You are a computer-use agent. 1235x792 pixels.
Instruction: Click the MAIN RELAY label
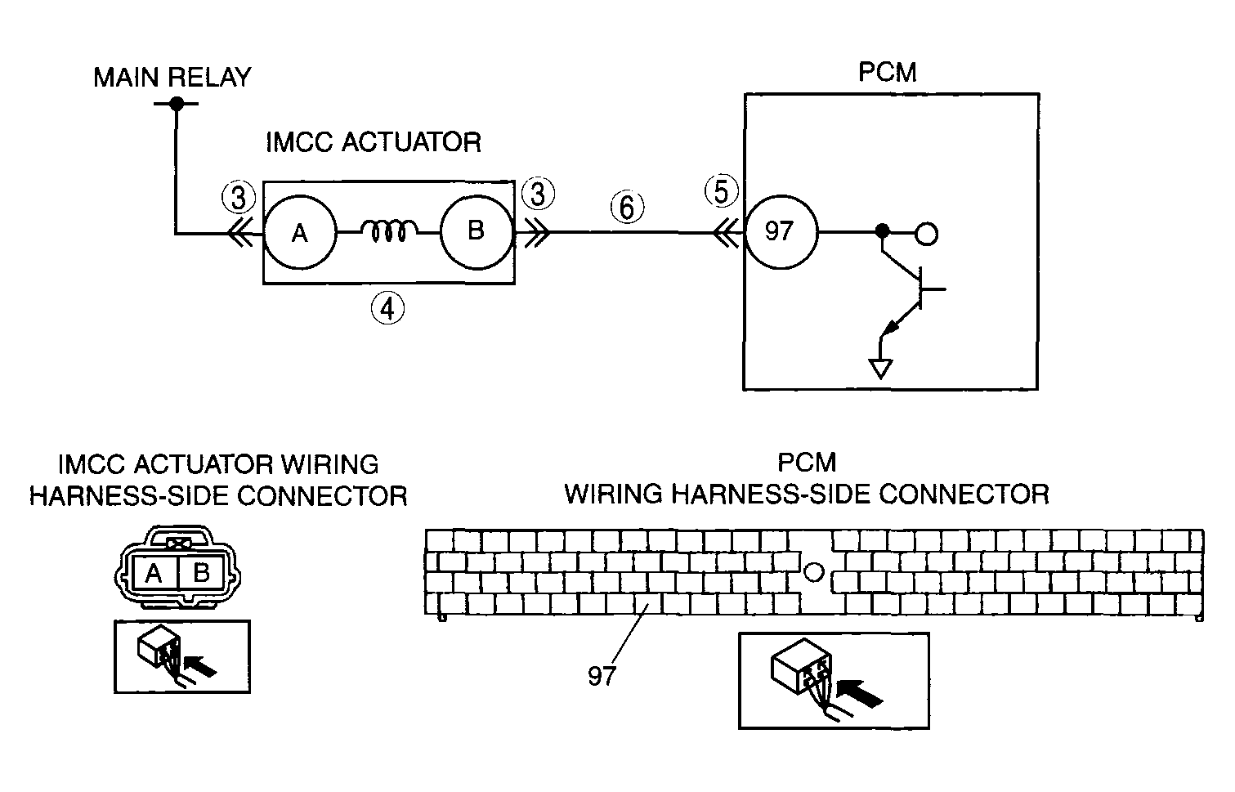(x=172, y=77)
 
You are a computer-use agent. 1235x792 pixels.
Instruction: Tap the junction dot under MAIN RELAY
(x=177, y=104)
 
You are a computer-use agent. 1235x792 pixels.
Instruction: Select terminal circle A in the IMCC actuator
(x=300, y=232)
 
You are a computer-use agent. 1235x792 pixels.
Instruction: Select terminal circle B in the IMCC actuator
(x=477, y=232)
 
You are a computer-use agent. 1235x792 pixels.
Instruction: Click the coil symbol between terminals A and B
(x=389, y=230)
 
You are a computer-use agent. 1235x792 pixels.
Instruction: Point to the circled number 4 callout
(x=387, y=308)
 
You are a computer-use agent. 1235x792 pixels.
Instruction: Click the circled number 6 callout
(x=627, y=208)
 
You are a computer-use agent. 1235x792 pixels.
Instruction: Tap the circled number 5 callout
(x=721, y=191)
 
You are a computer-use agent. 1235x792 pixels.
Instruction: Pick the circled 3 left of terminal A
(x=239, y=197)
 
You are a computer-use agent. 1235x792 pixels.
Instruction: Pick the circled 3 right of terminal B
(x=538, y=194)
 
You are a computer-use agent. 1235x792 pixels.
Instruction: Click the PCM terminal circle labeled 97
(x=780, y=232)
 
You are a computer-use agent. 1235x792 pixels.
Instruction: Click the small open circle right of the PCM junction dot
(x=926, y=234)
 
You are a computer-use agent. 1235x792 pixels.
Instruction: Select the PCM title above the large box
(x=887, y=72)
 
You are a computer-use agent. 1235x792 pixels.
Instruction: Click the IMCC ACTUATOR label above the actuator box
(x=374, y=142)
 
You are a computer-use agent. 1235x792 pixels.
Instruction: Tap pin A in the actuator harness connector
(x=154, y=573)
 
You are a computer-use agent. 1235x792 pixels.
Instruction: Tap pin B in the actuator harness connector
(x=201, y=573)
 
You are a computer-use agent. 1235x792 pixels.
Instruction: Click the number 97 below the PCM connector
(x=602, y=676)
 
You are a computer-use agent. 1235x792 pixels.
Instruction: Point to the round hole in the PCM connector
(x=814, y=571)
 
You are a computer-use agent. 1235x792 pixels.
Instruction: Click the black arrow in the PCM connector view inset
(x=860, y=693)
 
